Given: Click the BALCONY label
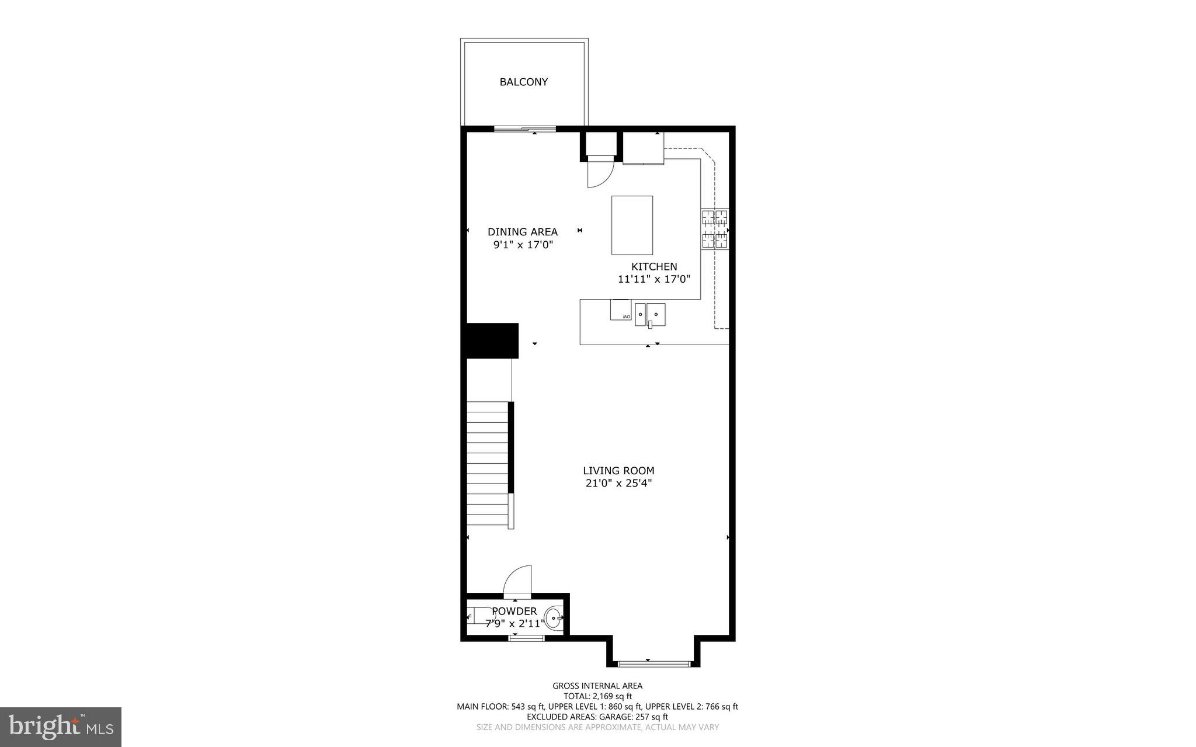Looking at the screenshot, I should [x=523, y=82].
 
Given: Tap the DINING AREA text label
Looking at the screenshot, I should [x=523, y=232].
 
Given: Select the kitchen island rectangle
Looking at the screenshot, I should [x=632, y=225].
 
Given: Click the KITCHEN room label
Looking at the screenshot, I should [x=654, y=267].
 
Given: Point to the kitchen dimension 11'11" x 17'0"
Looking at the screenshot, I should [x=654, y=279].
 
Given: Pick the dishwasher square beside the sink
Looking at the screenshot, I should [x=621, y=310].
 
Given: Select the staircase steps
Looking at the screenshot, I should [x=488, y=464].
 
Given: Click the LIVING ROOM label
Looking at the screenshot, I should [x=618, y=471].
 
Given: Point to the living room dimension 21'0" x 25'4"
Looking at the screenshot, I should [x=618, y=483].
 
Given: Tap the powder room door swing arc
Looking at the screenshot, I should [x=519, y=579].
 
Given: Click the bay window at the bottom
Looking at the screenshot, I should [x=654, y=663].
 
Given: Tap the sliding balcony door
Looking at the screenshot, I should [x=525, y=129].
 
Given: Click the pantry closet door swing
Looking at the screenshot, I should [x=599, y=173].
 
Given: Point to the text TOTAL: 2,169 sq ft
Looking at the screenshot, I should [x=597, y=696].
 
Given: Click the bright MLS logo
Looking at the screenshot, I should [x=61, y=727].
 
